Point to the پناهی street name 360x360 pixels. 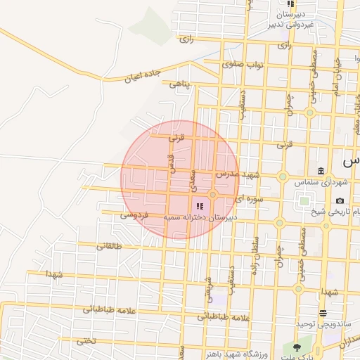pos(181,84)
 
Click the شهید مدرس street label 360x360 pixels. pos(238,174)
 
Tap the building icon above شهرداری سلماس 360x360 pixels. pos(321,172)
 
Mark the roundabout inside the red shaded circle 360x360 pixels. pos(212,195)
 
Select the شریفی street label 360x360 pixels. pos(209,288)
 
